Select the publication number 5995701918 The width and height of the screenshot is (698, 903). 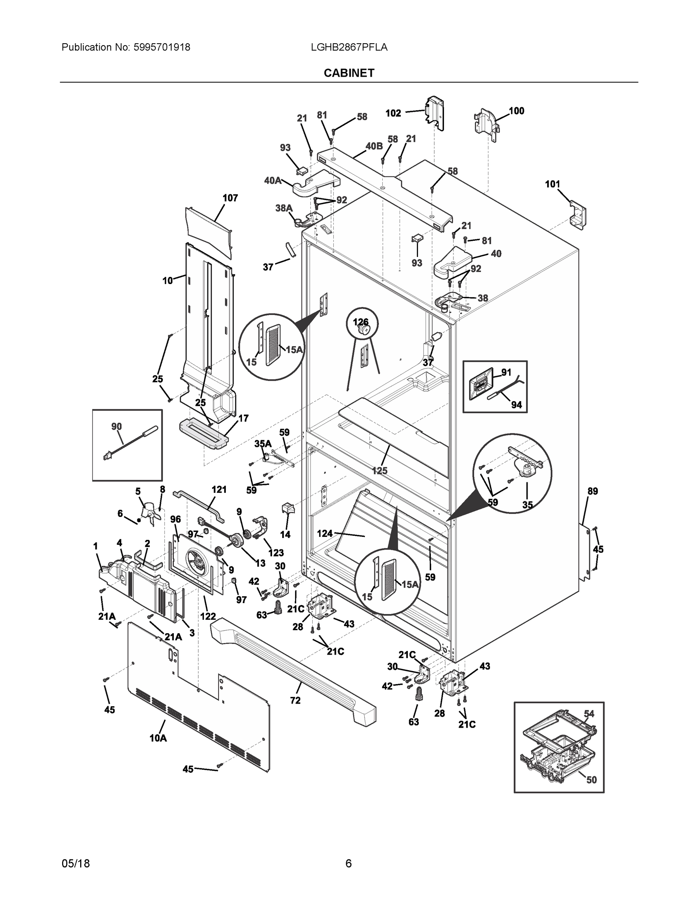point(162,47)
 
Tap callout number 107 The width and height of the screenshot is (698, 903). point(230,198)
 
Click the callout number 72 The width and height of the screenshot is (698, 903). point(295,701)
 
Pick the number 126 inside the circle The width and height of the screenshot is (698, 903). point(360,322)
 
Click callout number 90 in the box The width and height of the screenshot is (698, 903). point(117,426)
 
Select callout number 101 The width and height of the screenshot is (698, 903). point(552,184)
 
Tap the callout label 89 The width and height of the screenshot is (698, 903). point(593,491)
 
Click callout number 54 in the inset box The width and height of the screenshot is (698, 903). point(589,713)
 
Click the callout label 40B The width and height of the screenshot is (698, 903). point(374,146)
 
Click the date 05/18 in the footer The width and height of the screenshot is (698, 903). point(76,863)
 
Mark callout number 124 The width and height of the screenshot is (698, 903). point(325,534)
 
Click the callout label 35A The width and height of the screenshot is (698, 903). point(263,444)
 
